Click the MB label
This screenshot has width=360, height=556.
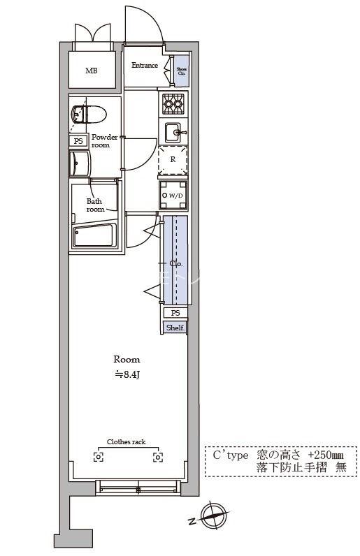click(92, 71)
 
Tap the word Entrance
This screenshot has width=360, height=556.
click(145, 65)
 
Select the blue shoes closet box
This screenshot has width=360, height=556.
click(182, 71)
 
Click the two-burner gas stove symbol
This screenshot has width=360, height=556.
click(173, 103)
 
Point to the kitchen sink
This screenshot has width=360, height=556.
click(174, 133)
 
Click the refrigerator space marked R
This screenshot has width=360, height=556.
click(173, 159)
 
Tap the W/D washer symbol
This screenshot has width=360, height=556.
click(173, 195)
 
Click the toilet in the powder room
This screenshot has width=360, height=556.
click(88, 114)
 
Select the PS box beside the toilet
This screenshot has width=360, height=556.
click(78, 141)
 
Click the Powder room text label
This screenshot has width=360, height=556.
click(104, 141)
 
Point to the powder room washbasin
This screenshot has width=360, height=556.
click(80, 163)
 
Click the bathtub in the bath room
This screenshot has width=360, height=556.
click(94, 235)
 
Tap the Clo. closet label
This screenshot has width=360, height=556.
click(175, 264)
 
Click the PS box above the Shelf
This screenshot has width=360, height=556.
click(175, 313)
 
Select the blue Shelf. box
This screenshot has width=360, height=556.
click(175, 328)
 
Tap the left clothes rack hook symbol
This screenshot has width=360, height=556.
click(99, 457)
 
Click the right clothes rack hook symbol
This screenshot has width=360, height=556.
click(158, 457)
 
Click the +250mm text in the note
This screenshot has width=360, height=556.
click(325, 455)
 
